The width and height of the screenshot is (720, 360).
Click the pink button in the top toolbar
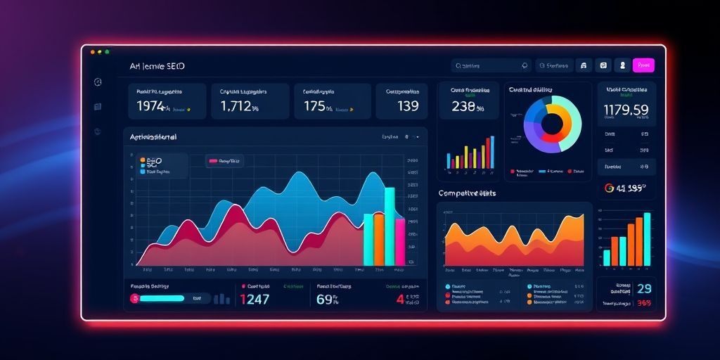tap(643, 65)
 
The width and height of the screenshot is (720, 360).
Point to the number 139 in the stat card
tap(408, 106)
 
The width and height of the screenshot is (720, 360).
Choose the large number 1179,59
tap(626, 110)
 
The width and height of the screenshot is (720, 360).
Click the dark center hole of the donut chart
tap(552, 124)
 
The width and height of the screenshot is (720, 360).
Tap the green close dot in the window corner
tap(107, 52)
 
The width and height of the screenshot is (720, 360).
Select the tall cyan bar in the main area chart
tap(389, 226)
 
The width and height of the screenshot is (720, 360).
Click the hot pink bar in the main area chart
tap(400, 242)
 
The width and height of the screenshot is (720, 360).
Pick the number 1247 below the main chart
tap(255, 300)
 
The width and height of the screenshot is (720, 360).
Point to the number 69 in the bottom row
tap(324, 300)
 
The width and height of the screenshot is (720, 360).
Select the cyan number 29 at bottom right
tap(643, 289)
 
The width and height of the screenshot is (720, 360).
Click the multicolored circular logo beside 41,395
tap(610, 188)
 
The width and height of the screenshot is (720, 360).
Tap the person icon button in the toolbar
tap(622, 65)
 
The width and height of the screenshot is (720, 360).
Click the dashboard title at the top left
tap(157, 66)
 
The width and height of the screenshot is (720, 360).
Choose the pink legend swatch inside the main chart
tap(212, 161)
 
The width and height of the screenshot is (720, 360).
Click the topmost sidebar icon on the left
tap(98, 82)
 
